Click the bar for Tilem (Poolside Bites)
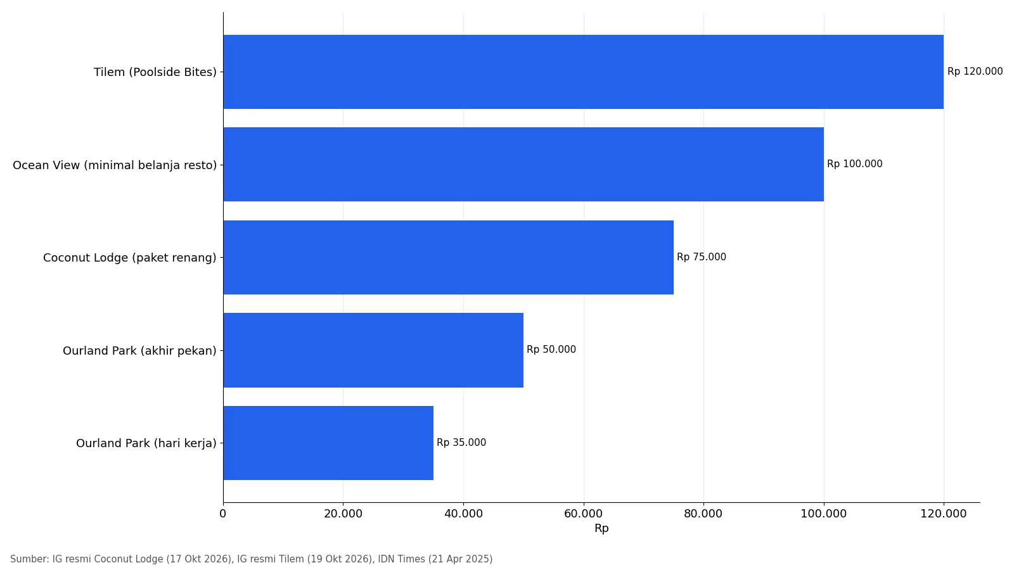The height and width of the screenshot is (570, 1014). pyautogui.click(x=584, y=72)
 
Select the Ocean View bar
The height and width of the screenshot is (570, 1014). pyautogui.click(x=523, y=164)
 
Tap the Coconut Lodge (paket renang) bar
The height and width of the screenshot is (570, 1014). pyautogui.click(x=449, y=257)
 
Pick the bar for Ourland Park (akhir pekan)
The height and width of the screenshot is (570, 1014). pyautogui.click(x=373, y=350)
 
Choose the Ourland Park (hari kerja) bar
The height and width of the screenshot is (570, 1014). pyautogui.click(x=328, y=443)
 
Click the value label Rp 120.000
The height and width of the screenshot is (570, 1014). pyautogui.click(x=975, y=72)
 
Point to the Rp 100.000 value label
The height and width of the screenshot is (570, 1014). pyautogui.click(x=855, y=164)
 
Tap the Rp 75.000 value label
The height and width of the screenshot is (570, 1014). pyautogui.click(x=701, y=257)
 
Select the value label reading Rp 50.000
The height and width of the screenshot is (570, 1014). pyautogui.click(x=551, y=350)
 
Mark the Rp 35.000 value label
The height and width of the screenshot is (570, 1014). pyautogui.click(x=461, y=443)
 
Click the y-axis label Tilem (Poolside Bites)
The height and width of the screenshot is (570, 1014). pyautogui.click(x=155, y=72)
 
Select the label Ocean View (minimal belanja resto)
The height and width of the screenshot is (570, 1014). pyautogui.click(x=115, y=165)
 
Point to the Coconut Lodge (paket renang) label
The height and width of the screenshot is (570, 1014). pyautogui.click(x=130, y=258)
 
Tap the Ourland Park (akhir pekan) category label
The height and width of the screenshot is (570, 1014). pyautogui.click(x=139, y=351)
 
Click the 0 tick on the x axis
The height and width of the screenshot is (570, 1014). pyautogui.click(x=222, y=514)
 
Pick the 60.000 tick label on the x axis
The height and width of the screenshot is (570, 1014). pyautogui.click(x=584, y=514)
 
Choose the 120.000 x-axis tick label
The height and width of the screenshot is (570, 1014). pyautogui.click(x=944, y=514)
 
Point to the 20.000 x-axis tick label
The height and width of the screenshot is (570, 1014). pyautogui.click(x=343, y=514)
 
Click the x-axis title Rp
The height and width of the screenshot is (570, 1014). pyautogui.click(x=601, y=528)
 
